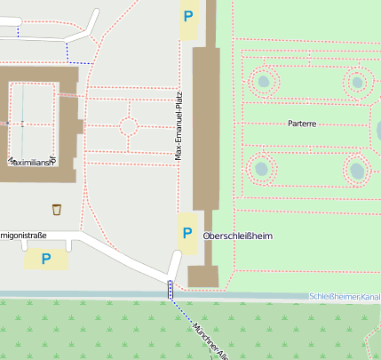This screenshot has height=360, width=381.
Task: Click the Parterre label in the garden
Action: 302,124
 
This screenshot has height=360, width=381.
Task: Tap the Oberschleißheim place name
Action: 237,236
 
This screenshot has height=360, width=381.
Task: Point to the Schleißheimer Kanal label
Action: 344,296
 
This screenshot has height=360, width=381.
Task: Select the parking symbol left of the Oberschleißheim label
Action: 187,233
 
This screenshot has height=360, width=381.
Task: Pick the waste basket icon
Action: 57,209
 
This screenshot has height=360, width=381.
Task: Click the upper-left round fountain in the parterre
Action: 263,83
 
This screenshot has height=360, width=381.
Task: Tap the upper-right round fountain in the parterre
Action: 357,83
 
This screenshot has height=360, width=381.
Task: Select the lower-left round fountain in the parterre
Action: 262,166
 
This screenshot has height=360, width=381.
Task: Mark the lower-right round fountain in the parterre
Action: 357,169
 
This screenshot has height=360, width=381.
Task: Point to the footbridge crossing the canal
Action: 170,290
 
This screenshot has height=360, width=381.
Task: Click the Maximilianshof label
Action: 31,162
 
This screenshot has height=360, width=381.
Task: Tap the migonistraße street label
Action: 23,236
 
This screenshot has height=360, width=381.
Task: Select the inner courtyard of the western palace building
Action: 32,119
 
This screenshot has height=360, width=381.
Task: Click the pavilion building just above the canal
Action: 202,276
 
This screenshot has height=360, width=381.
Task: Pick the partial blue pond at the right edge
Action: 377,132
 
